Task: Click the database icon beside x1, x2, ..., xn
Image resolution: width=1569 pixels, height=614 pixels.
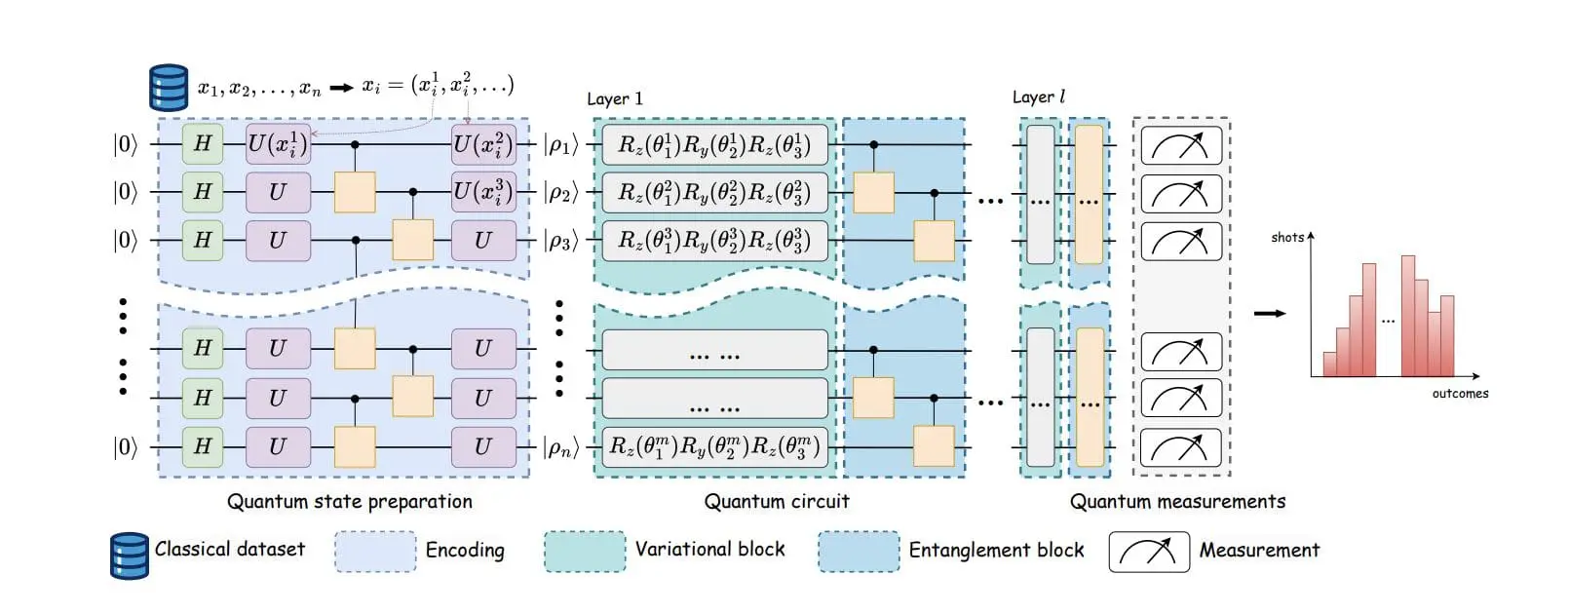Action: point(168,88)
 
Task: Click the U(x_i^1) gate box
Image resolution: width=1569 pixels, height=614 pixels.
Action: point(278,144)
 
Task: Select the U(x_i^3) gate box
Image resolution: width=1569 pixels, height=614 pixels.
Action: point(483,192)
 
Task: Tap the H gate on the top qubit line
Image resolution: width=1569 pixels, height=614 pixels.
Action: point(203,144)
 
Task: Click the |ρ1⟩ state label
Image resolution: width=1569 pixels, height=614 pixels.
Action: point(560,145)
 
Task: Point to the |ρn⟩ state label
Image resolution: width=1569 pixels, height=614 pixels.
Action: point(560,447)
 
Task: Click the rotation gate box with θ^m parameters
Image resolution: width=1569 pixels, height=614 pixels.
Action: point(714,447)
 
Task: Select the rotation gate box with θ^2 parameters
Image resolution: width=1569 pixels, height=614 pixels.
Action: point(714,193)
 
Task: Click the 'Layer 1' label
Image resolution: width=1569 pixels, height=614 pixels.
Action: point(614,99)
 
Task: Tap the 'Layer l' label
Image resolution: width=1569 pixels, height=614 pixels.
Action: point(1038,97)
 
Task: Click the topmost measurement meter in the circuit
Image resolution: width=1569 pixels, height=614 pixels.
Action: point(1180,146)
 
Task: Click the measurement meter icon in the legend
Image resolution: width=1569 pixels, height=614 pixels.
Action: point(1148,552)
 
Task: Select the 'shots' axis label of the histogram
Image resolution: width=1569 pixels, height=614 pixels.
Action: point(1286,238)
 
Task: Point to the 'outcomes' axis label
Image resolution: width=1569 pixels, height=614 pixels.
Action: point(1459,394)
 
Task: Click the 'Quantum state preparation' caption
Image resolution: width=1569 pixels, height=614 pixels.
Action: point(349,502)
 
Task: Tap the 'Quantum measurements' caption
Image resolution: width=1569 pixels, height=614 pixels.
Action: point(1177,502)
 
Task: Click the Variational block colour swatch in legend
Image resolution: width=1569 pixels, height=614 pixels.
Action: point(585,552)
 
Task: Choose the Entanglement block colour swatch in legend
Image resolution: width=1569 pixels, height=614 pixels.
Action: point(859,552)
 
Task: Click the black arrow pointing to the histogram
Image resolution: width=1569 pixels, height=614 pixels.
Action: point(1269,314)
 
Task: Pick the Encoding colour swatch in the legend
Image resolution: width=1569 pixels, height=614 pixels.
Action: point(375,552)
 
